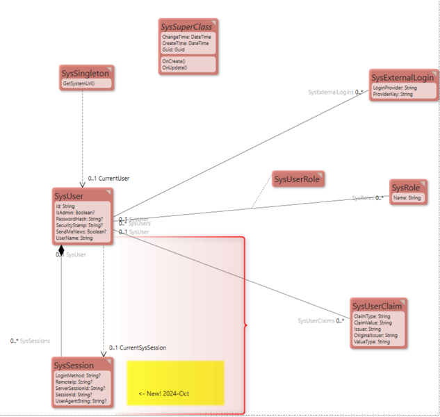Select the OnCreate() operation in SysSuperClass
[174, 61]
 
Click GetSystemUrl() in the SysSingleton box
[79, 83]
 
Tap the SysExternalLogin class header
[402, 77]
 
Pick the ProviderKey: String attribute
[393, 94]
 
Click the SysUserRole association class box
[297, 179]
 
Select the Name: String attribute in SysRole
[407, 198]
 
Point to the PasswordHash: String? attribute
[79, 219]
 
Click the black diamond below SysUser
[62, 249]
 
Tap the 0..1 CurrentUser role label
[108, 179]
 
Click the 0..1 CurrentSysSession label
[138, 347]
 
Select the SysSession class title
[74, 366]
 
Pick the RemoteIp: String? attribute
[74, 382]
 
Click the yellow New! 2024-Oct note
[175, 383]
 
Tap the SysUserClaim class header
[377, 306]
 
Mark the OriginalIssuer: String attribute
[375, 336]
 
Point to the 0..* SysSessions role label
[31, 341]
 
